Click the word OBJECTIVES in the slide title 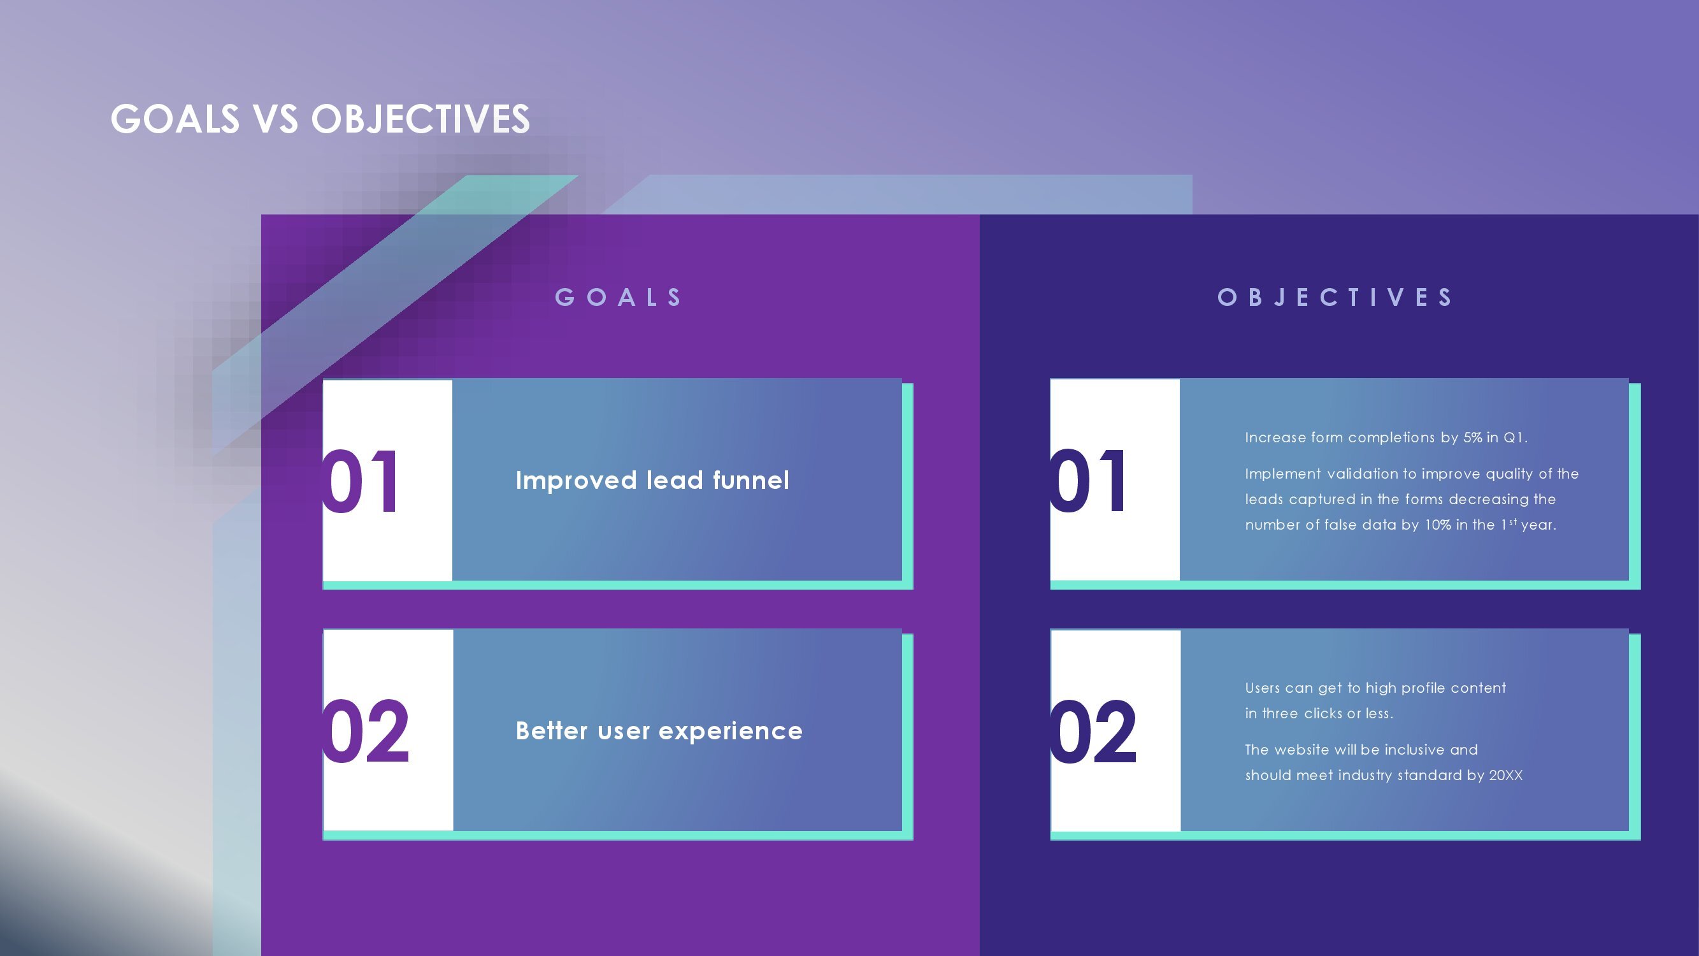(x=420, y=119)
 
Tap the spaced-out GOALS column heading (x=619, y=298)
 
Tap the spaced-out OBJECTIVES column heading (x=1335, y=298)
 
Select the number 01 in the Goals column (x=361, y=481)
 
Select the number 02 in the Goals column (x=366, y=732)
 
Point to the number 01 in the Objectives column (x=1088, y=481)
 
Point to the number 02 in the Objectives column (x=1094, y=732)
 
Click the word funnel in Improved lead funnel (x=750, y=481)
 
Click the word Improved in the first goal (x=576, y=481)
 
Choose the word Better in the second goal (x=552, y=731)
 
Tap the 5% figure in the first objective (x=1472, y=437)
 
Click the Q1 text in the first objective (x=1514, y=437)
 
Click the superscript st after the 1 (x=1513, y=521)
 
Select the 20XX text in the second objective (x=1506, y=775)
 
